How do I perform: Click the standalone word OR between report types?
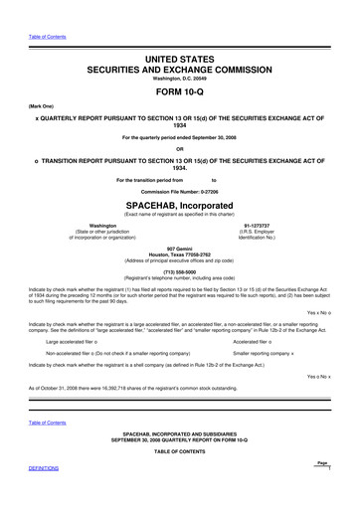179,151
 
